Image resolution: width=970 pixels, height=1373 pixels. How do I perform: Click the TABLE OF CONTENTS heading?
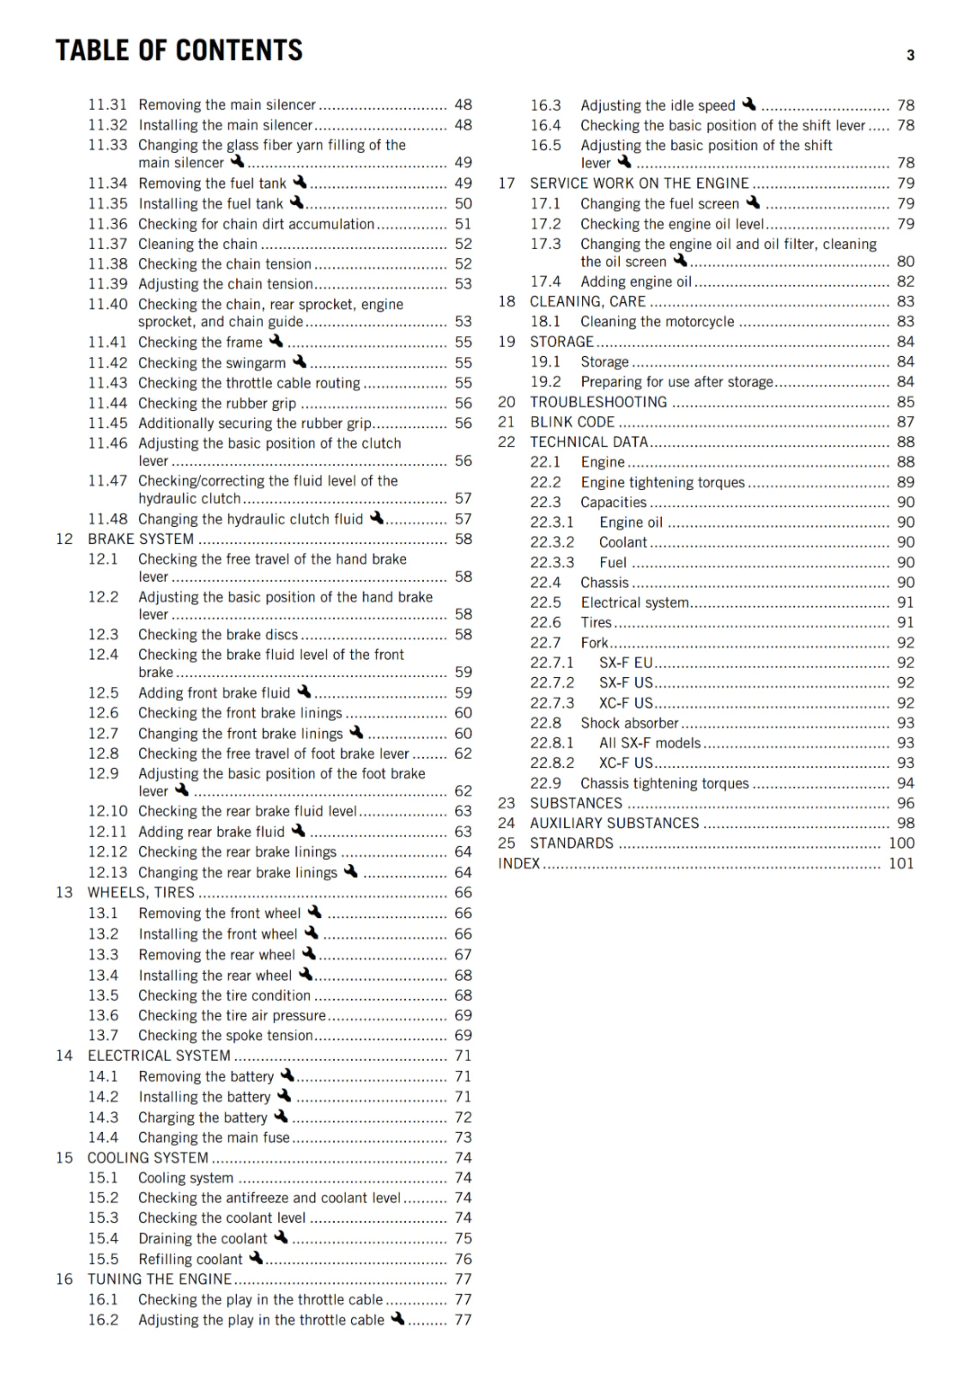[179, 51]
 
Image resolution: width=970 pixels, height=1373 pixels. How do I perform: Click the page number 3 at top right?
[910, 56]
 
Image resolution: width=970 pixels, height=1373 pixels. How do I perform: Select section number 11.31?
[107, 105]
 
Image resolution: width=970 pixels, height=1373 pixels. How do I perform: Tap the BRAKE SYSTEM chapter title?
[141, 539]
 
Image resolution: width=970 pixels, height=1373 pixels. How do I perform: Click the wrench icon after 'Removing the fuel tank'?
[300, 182]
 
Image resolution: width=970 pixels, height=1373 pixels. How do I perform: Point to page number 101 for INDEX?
[900, 863]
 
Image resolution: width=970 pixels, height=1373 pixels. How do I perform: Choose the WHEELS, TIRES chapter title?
[141, 892]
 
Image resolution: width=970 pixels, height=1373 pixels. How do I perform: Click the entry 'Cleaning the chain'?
[197, 244]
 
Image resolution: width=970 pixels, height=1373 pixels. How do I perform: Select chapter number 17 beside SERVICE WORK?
[506, 183]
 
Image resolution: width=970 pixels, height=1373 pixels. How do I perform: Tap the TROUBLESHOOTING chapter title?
[598, 402]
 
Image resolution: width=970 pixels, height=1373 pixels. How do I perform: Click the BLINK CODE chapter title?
[572, 421]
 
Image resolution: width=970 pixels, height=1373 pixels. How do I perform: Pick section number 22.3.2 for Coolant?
[552, 542]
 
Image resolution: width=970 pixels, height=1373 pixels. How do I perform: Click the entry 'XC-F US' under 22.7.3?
[626, 703]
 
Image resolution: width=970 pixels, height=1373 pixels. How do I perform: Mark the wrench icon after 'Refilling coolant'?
[256, 1258]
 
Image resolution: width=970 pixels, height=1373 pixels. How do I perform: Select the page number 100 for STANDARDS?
[900, 843]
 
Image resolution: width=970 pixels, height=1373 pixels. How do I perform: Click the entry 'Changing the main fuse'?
[214, 1137]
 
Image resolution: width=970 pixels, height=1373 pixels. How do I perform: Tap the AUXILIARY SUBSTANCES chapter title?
[614, 823]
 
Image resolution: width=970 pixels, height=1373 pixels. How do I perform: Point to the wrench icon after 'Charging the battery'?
[281, 1116]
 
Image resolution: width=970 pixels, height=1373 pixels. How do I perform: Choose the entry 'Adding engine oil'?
[635, 281]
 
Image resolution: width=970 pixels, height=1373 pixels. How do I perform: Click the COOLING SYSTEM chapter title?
[148, 1158]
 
